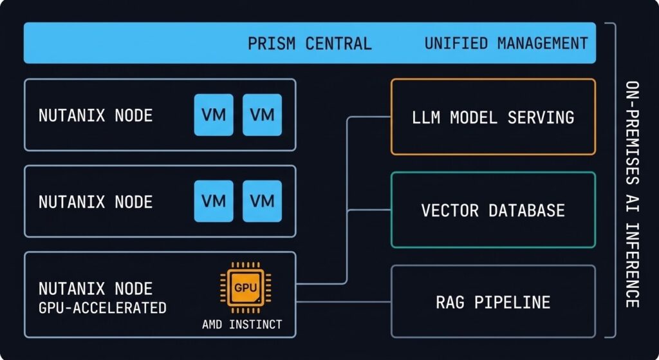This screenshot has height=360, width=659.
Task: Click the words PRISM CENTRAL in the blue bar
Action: [x=310, y=44]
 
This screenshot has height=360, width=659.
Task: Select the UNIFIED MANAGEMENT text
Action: [x=506, y=44]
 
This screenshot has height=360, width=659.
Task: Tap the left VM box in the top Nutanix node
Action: [x=214, y=115]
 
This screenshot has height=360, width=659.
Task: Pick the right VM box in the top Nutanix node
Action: [x=262, y=115]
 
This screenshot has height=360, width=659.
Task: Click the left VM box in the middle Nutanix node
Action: [x=214, y=202]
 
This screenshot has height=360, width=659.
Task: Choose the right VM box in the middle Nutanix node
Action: [x=262, y=202]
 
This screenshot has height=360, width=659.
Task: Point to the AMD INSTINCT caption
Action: [x=241, y=324]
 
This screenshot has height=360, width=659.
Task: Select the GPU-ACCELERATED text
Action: [x=102, y=308]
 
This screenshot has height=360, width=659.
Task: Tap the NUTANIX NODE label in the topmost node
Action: [x=95, y=116]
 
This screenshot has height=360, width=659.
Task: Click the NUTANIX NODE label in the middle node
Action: [x=95, y=202]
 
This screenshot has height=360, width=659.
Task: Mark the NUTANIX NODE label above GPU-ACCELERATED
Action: [x=95, y=289]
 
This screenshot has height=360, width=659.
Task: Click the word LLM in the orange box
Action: [x=426, y=118]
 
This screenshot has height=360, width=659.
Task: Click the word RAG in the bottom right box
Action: [x=449, y=302]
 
